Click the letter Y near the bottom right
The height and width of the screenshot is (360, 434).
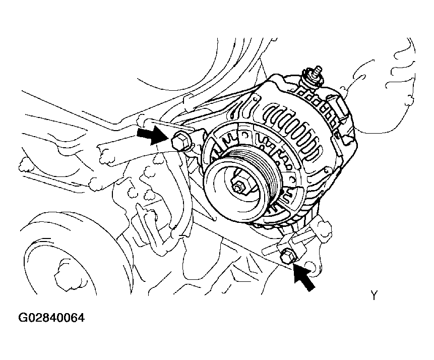(x=374, y=296)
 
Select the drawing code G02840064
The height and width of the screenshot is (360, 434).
(x=51, y=319)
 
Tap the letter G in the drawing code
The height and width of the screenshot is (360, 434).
(x=23, y=319)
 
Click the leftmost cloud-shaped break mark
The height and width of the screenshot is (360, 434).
(x=22, y=164)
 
